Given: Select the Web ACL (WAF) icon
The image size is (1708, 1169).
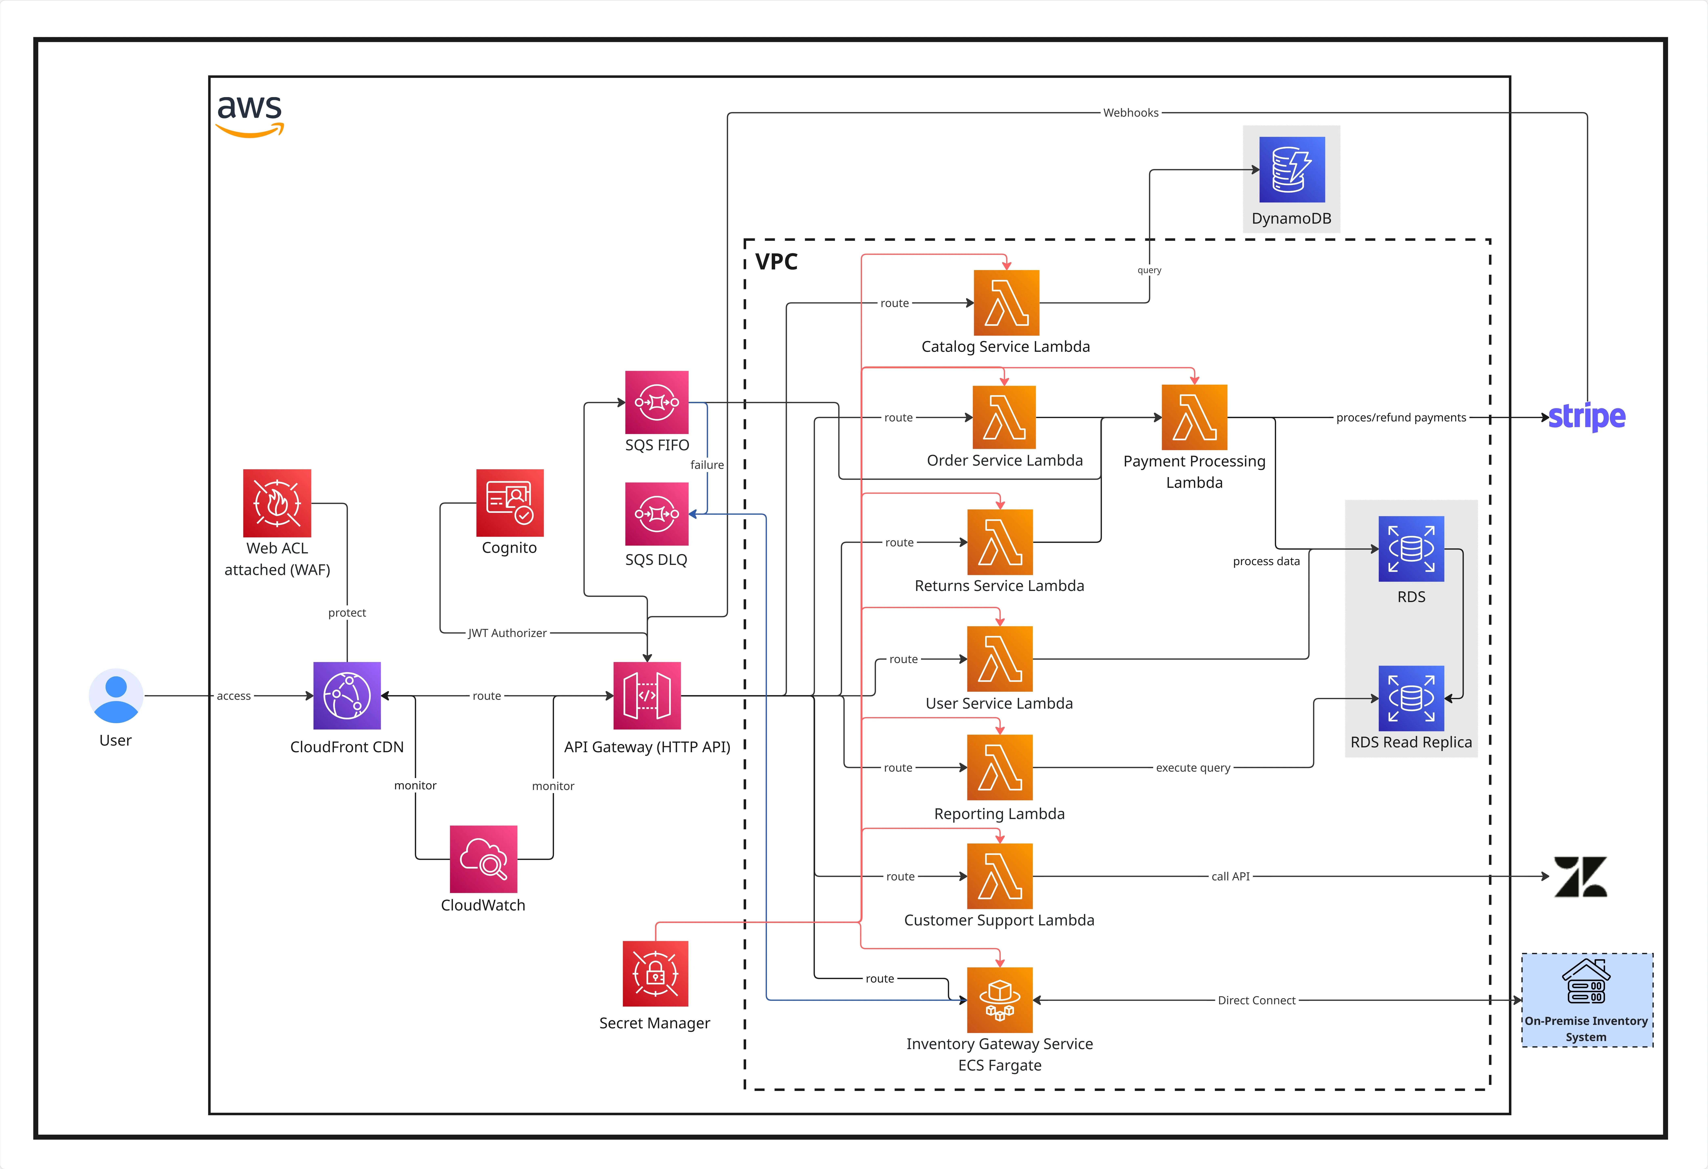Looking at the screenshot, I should [x=277, y=503].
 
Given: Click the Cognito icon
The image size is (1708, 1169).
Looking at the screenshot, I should [x=509, y=503].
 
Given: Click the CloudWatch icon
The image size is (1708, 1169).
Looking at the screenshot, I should [x=483, y=859].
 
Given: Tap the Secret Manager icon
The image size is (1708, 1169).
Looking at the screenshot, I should [x=655, y=974].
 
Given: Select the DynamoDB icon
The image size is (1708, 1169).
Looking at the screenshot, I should [x=1291, y=170].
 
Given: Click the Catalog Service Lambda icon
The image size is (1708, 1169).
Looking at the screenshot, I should [x=1006, y=303].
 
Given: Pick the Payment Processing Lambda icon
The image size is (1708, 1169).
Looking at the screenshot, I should [x=1194, y=417].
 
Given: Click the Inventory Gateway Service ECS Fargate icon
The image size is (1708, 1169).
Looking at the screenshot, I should [x=999, y=1000].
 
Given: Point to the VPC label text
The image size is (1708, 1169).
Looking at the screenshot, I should [x=776, y=262].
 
